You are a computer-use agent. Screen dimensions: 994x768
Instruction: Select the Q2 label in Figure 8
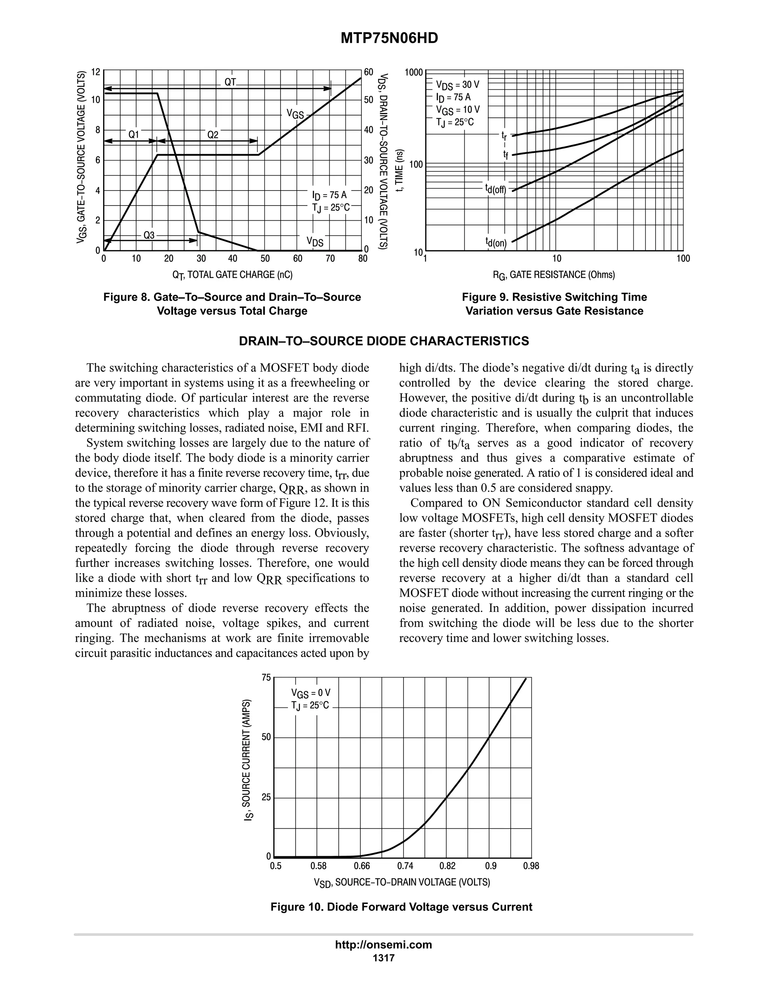213,135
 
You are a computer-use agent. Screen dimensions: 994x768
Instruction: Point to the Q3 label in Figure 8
149,235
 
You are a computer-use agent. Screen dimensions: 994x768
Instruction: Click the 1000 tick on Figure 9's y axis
414,72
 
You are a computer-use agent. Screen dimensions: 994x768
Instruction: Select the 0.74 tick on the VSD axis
405,866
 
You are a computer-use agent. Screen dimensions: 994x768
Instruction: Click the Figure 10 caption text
401,907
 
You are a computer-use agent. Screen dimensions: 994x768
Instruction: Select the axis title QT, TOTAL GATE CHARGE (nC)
232,275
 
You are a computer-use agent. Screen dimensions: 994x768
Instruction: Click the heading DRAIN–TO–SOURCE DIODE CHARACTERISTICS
384,341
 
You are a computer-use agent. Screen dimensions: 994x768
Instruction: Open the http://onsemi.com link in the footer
383,944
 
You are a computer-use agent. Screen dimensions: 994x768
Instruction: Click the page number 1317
383,958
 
